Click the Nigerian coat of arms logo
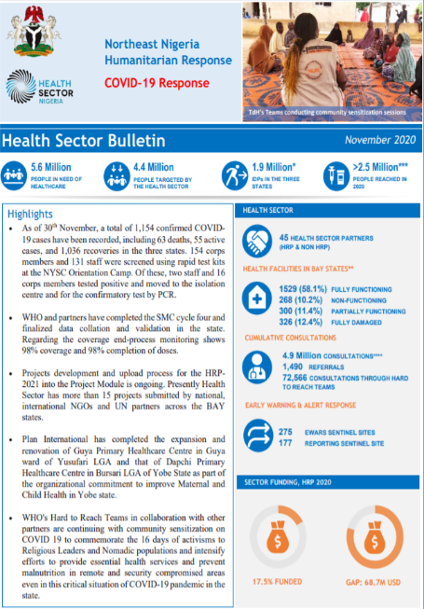[x=36, y=35]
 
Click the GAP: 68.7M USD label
[x=373, y=583]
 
